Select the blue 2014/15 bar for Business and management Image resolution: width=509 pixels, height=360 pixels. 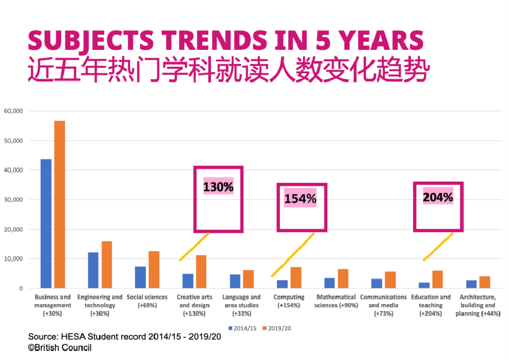pos(46,223)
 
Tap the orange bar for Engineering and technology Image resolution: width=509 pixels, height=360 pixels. pos(107,265)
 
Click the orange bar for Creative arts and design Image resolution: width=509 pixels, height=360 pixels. pos(201,272)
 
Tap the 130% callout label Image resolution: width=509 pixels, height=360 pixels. pos(218,187)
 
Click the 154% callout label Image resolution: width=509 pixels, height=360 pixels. pos(300,198)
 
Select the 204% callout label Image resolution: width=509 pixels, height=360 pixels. pos(438,197)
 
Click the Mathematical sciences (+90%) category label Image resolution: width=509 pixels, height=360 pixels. pos(336,301)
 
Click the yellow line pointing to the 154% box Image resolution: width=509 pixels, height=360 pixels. pos(293,255)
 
